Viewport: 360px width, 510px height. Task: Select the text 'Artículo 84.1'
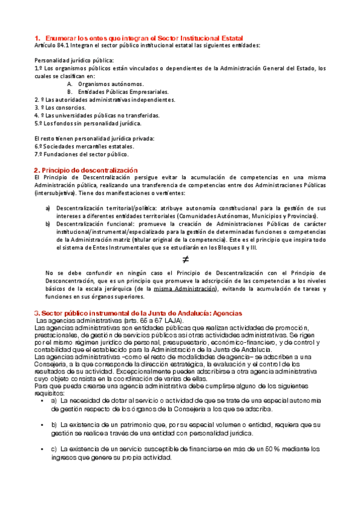[53, 45]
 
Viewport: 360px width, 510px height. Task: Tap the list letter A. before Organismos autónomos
[70, 84]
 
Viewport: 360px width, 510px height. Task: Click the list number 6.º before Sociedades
[39, 147]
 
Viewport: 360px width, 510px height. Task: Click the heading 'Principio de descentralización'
[90, 170]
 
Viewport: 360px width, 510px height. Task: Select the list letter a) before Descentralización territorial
[48, 208]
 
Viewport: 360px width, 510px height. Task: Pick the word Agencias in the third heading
[223, 313]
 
